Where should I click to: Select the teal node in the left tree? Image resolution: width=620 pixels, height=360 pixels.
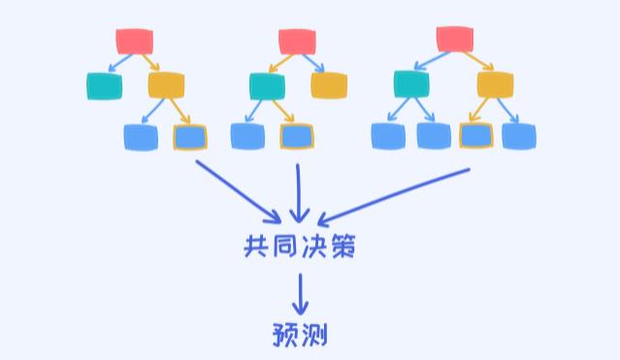click(x=104, y=86)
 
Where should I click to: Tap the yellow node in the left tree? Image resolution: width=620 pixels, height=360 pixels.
click(x=166, y=85)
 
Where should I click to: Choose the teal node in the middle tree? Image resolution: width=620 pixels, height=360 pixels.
click(x=266, y=86)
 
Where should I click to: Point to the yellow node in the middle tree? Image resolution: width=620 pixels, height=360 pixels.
click(x=329, y=85)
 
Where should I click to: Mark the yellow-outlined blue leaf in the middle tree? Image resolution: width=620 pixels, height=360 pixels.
click(x=296, y=137)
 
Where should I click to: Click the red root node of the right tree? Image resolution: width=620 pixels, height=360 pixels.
click(x=455, y=39)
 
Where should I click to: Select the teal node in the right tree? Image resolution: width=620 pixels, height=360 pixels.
click(x=411, y=84)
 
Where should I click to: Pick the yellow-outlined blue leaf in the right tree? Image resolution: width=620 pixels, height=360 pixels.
click(x=475, y=136)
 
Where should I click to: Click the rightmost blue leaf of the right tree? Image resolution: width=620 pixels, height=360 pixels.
click(x=519, y=136)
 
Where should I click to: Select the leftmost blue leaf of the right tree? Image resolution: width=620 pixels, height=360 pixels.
click(x=388, y=136)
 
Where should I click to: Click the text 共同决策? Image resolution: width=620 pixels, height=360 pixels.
click(x=300, y=246)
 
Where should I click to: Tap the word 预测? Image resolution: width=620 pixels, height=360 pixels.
click(x=300, y=335)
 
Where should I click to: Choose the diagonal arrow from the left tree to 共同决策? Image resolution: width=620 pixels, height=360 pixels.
click(x=238, y=190)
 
